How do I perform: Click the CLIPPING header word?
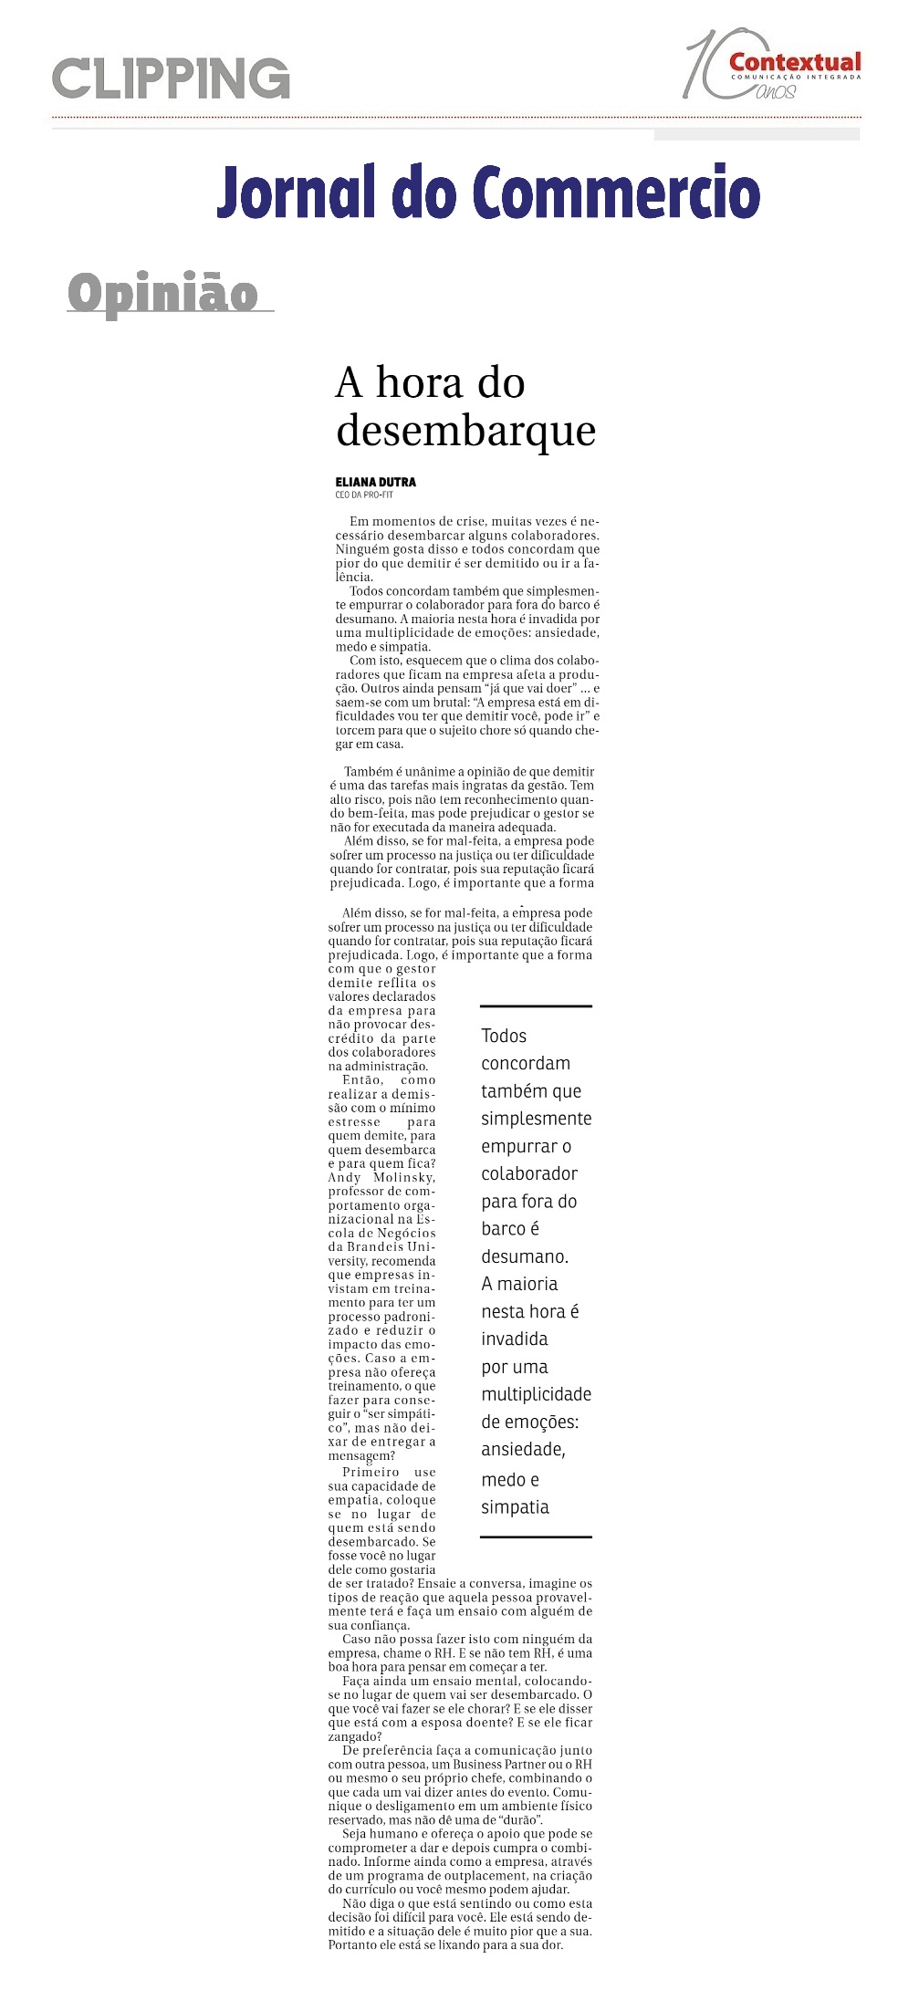tap(171, 78)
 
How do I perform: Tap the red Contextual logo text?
tap(794, 62)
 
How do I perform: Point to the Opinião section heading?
tap(162, 293)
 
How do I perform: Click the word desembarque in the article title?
tap(465, 430)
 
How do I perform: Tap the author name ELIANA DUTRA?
tap(375, 482)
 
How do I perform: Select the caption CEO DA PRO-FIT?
tap(363, 495)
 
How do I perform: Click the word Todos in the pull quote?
tap(504, 1036)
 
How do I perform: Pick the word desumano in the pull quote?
tap(524, 1256)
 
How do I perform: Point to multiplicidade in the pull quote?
tap(536, 1394)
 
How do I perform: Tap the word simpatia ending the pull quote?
tap(515, 1506)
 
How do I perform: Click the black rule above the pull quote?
tap(536, 1005)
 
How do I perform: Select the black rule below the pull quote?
tap(536, 1537)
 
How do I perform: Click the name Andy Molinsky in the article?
tap(381, 1177)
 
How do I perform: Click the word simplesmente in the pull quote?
tap(536, 1119)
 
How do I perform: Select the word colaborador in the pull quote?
tap(529, 1173)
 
